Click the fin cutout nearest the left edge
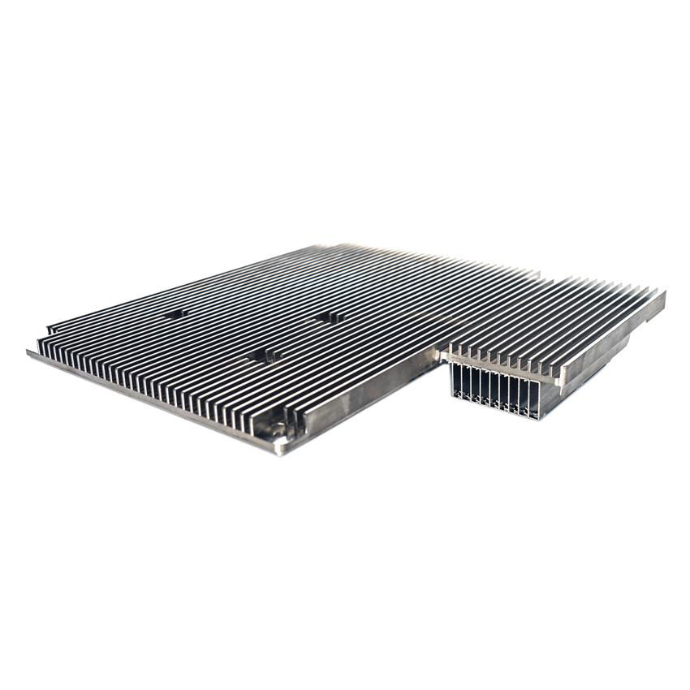point(175,313)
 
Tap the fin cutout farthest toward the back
point(329,317)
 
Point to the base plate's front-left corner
point(30,353)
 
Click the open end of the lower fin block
point(495,391)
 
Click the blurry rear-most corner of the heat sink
point(341,246)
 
